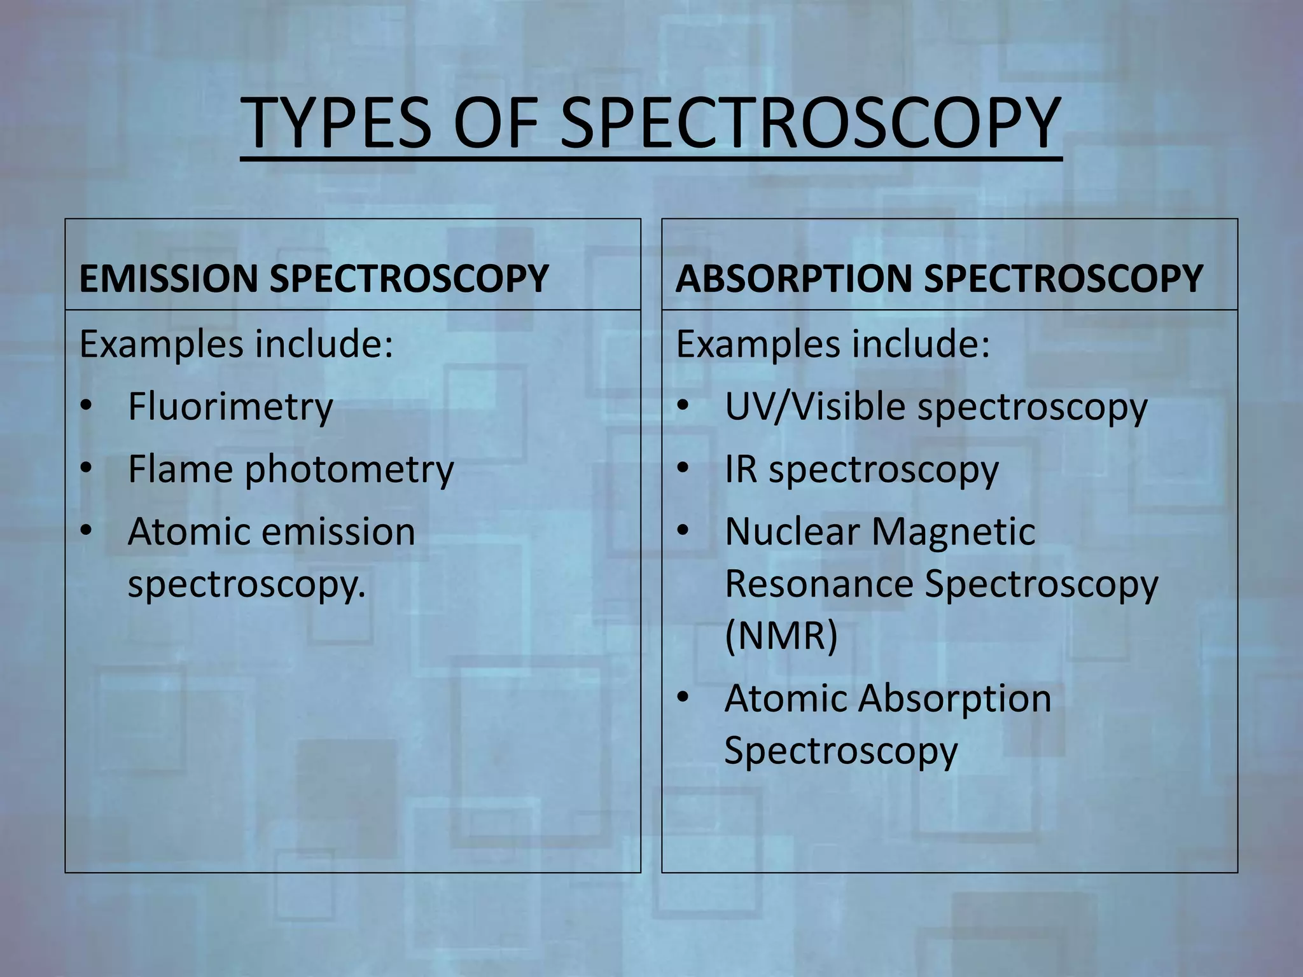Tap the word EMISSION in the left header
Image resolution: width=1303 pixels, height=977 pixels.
click(x=167, y=279)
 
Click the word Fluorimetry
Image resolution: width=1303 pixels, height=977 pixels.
click(x=230, y=406)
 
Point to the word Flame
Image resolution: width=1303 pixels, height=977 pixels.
click(x=180, y=469)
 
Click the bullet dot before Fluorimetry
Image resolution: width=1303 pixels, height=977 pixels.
click(x=87, y=405)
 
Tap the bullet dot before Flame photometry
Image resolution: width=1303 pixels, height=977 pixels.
click(x=87, y=468)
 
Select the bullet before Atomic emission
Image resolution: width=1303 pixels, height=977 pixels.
click(x=87, y=530)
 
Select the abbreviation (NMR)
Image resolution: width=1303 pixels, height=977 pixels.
click(x=781, y=635)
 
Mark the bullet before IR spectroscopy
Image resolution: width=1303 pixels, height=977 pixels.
click(x=683, y=468)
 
